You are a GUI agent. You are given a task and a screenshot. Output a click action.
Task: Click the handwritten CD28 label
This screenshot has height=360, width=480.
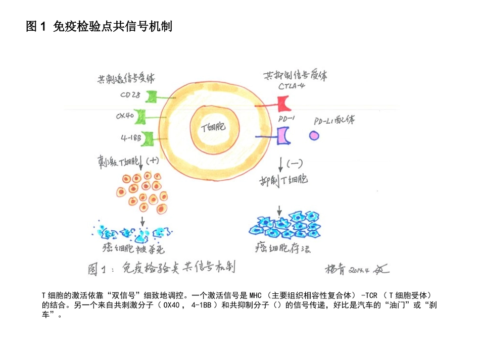(130, 94)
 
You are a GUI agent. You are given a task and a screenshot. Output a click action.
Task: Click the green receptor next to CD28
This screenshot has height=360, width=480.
(152, 96)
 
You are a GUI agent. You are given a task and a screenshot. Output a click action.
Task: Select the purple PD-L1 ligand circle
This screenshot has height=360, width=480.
(314, 135)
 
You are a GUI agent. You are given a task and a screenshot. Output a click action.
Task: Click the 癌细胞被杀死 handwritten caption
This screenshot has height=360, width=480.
(134, 248)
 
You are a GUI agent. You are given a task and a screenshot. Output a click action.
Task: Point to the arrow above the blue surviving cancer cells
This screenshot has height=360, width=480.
(279, 210)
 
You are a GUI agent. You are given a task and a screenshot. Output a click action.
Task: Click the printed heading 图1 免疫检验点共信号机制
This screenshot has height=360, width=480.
(99, 27)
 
